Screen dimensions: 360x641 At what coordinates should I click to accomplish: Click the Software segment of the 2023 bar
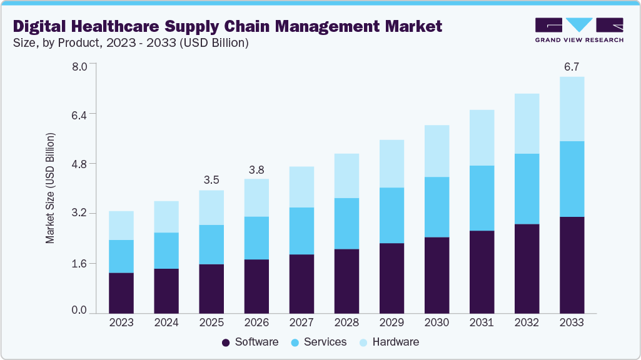(x=121, y=292)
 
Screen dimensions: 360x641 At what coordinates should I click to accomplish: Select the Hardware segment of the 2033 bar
(x=572, y=109)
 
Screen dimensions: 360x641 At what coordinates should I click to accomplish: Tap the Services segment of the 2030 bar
(x=437, y=207)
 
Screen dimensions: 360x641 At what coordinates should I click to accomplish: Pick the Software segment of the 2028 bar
(x=346, y=281)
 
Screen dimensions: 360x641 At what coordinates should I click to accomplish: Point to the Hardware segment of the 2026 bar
(x=256, y=197)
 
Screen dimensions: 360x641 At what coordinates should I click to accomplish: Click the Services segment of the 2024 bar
(x=166, y=250)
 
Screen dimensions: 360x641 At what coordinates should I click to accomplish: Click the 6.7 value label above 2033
(x=572, y=67)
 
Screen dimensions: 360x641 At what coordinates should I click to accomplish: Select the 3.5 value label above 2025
(x=211, y=180)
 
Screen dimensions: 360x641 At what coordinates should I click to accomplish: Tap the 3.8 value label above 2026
(x=256, y=169)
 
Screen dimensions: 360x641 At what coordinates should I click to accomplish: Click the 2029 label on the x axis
(x=391, y=323)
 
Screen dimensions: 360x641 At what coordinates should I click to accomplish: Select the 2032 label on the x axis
(x=527, y=323)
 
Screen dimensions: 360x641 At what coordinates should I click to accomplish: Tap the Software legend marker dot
(x=226, y=342)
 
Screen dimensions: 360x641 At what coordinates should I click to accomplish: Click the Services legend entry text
(x=325, y=342)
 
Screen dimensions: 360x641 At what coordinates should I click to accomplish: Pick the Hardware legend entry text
(x=395, y=342)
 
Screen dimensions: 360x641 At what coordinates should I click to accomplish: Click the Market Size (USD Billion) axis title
(x=50, y=188)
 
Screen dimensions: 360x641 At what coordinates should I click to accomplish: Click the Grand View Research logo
(x=579, y=30)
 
